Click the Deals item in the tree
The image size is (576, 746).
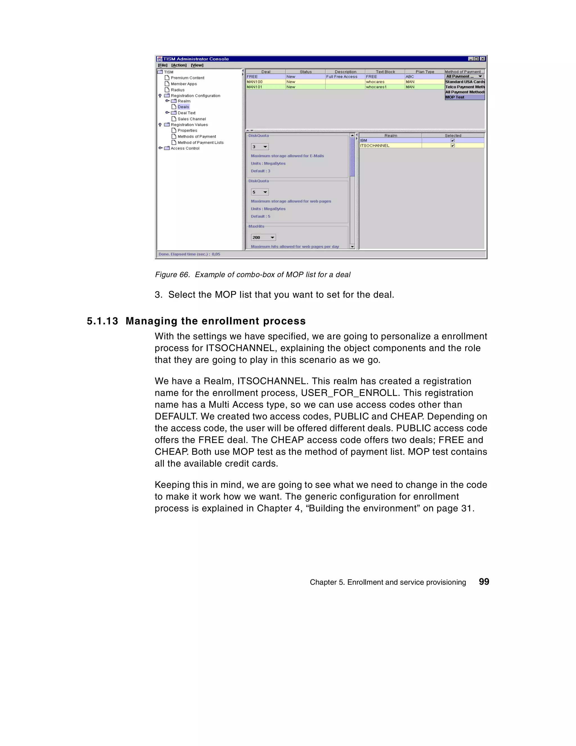[183, 107]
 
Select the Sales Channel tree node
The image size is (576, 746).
[191, 119]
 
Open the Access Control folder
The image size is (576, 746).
[184, 148]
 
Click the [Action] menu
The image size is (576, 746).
[179, 65]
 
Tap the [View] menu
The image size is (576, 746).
[197, 65]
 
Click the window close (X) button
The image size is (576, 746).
[482, 59]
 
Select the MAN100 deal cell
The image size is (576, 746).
[265, 82]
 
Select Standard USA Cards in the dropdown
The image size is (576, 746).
[464, 82]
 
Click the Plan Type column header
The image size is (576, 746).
[425, 72]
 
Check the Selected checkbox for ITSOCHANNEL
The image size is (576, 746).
[453, 145]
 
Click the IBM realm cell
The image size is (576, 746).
[390, 140]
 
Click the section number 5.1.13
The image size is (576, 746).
[102, 321]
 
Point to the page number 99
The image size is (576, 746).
[484, 582]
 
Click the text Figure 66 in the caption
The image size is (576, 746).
[172, 275]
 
